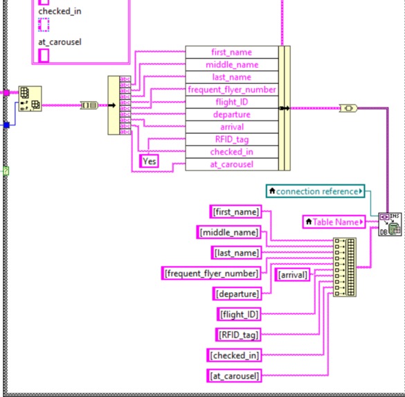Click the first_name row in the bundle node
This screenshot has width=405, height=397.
[232, 52]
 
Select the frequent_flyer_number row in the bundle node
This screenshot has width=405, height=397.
[232, 89]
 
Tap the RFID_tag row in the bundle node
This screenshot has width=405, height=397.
[232, 139]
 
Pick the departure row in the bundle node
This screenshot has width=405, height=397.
[232, 114]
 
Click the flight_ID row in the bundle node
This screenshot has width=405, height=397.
[232, 102]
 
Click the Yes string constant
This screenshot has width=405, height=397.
[150, 161]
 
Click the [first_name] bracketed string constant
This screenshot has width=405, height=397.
[237, 212]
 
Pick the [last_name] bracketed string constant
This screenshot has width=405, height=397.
[237, 253]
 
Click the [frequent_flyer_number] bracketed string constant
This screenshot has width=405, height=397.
[212, 273]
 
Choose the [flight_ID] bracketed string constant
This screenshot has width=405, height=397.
[238, 315]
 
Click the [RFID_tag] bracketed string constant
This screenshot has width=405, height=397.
[238, 335]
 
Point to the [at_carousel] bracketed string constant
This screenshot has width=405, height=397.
[235, 376]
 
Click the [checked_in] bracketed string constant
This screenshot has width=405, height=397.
[235, 355]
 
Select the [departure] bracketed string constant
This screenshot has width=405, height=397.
[237, 294]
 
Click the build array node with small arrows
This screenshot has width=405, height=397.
[344, 267]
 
